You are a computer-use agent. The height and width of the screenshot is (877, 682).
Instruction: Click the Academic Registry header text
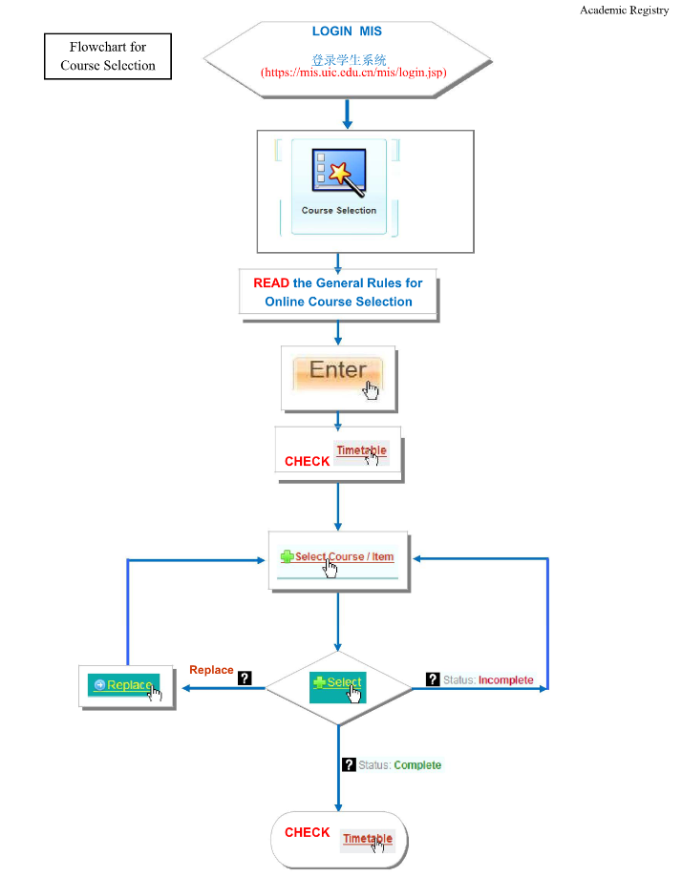624,10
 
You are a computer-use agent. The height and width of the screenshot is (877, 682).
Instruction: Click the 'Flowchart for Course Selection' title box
107,56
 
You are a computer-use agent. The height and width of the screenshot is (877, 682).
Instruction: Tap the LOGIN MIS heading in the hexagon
347,31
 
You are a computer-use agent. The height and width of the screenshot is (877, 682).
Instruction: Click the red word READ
270,283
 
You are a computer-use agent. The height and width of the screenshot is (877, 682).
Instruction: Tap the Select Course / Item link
344,556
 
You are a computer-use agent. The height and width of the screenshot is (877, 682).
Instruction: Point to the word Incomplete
505,680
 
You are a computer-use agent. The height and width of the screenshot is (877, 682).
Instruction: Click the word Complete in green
417,765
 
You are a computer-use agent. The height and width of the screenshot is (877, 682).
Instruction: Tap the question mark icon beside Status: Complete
349,764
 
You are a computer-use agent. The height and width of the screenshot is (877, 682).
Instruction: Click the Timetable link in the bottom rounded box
367,839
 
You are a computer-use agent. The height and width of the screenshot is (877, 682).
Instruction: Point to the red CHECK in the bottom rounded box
307,833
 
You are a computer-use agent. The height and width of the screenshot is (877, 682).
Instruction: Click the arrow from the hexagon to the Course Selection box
348,113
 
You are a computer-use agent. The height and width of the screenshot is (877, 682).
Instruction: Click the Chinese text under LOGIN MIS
348,59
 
